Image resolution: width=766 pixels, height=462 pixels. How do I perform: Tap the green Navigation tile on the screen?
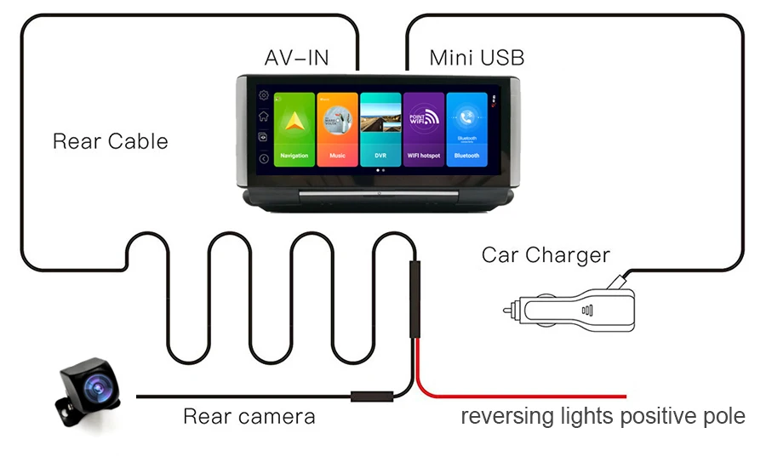[294, 128]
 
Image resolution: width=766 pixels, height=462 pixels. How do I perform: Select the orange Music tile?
[338, 128]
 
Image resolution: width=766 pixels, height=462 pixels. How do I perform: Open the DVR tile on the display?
[380, 128]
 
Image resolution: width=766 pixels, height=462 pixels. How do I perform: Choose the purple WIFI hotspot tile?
[424, 128]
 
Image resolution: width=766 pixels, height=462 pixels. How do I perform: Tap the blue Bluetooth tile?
[467, 128]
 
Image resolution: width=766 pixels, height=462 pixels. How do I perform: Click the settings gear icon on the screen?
[264, 95]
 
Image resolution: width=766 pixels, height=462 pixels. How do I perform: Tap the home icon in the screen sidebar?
[264, 116]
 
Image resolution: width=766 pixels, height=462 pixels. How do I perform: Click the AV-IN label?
[296, 58]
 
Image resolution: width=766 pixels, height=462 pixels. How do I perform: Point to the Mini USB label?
[477, 58]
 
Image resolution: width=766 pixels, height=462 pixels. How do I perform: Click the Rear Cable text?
[111, 141]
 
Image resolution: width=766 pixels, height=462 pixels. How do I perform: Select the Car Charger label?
[546, 254]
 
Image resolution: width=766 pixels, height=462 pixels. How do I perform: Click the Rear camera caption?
[249, 416]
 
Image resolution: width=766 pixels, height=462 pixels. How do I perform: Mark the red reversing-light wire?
[528, 396]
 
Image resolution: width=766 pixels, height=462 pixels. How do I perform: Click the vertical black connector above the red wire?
[414, 299]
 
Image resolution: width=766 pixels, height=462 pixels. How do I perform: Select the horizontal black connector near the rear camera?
[371, 396]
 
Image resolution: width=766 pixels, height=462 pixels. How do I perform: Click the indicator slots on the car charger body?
[586, 311]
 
